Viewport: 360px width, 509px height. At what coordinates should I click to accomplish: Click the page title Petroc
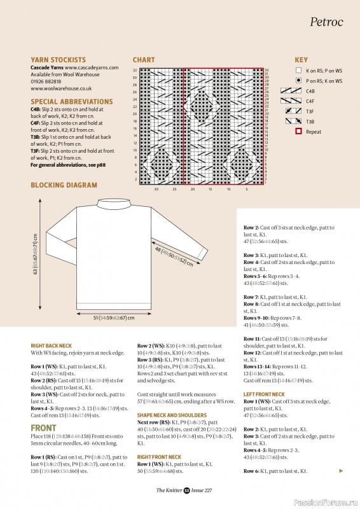click(326, 22)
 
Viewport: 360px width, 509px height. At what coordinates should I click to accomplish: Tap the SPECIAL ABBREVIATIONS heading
click(72, 101)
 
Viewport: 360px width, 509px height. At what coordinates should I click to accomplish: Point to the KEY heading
click(301, 60)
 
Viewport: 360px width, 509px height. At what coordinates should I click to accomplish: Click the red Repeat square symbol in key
click(299, 132)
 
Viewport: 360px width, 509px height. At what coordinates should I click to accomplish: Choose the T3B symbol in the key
click(289, 122)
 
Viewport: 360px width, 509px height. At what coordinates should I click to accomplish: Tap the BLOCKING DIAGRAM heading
click(64, 185)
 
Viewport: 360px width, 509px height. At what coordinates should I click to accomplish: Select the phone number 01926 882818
click(46, 81)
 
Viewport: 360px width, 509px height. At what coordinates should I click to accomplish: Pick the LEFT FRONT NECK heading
click(264, 394)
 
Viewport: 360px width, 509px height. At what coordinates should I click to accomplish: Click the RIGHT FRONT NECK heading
click(162, 457)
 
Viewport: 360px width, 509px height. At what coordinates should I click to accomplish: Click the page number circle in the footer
click(187, 489)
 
